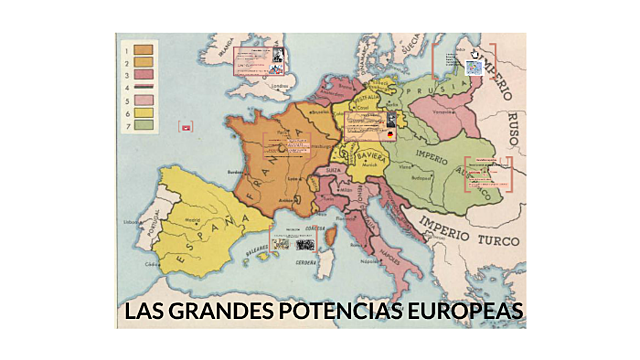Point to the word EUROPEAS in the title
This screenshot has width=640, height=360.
(x=463, y=313)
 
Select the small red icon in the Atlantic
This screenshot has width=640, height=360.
(x=185, y=127)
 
